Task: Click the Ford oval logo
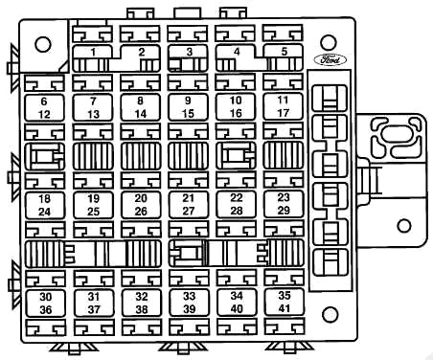pyautogui.click(x=330, y=59)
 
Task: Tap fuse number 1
pyautogui.click(x=93, y=58)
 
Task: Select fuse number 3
pyautogui.click(x=188, y=58)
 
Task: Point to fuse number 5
pyautogui.click(x=284, y=57)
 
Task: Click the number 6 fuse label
pyautogui.click(x=44, y=101)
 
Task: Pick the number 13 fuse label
pyautogui.click(x=93, y=114)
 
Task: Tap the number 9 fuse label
pyautogui.click(x=188, y=101)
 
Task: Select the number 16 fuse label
pyautogui.click(x=236, y=113)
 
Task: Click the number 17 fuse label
pyautogui.click(x=283, y=113)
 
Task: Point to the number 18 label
pyautogui.click(x=44, y=199)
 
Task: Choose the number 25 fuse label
pyautogui.click(x=93, y=212)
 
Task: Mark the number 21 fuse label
pyautogui.click(x=189, y=198)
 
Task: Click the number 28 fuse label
pyautogui.click(x=237, y=211)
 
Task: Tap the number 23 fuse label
pyautogui.click(x=284, y=197)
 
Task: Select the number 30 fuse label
pyautogui.click(x=45, y=297)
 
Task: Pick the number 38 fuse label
pyautogui.click(x=142, y=309)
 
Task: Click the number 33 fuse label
pyautogui.click(x=189, y=296)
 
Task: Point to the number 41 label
pyautogui.click(x=285, y=308)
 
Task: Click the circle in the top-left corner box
pyautogui.click(x=43, y=44)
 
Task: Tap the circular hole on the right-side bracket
pyautogui.click(x=404, y=226)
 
